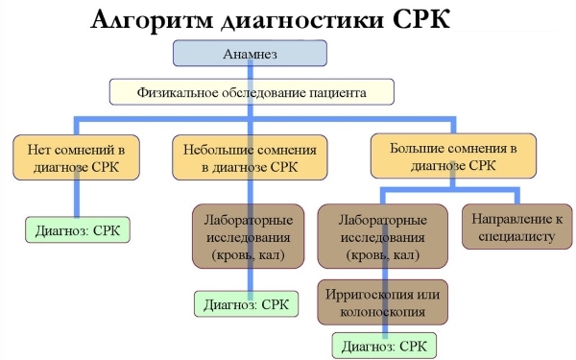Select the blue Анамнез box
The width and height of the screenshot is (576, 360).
[x=251, y=55]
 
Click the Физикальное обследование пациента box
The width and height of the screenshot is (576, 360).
[x=252, y=92]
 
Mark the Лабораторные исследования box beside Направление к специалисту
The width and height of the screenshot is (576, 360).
[x=384, y=236]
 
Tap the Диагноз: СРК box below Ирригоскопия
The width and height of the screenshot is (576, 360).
[x=384, y=343]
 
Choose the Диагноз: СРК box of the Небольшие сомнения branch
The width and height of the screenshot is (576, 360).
[x=245, y=305]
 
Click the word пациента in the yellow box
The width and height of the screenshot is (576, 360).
[x=340, y=92]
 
